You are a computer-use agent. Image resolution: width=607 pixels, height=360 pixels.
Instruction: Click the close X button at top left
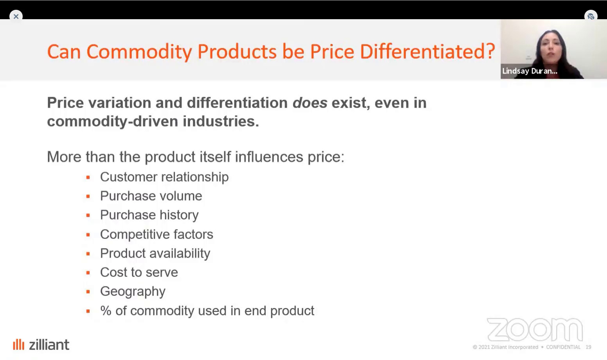pos(16,16)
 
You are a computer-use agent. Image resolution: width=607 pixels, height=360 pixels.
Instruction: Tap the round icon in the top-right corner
pos(591,16)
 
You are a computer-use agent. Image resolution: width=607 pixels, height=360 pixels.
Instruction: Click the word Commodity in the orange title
pos(139,52)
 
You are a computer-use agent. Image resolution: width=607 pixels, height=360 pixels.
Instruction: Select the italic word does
pos(310,103)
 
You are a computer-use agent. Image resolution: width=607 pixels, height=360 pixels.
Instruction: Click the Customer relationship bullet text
pos(164,177)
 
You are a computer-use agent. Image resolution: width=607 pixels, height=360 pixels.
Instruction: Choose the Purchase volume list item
pos(151,196)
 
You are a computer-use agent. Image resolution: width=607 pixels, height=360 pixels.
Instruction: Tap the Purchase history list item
pos(149,215)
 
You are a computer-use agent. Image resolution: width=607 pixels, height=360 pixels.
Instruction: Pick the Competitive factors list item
pos(156,234)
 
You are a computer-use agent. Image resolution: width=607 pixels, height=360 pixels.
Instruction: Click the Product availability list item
pos(155,254)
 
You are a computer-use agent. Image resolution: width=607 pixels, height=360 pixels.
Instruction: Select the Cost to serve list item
pos(139,272)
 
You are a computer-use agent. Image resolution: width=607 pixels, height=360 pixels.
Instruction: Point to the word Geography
pos(133,292)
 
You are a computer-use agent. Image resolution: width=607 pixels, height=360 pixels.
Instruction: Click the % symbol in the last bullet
pos(106,311)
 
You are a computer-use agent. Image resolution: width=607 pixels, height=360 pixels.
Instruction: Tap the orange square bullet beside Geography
pos(88,292)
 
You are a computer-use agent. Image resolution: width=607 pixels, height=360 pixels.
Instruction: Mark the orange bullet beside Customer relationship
pos(88,178)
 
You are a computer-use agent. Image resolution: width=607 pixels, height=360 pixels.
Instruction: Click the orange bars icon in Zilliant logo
pos(18,344)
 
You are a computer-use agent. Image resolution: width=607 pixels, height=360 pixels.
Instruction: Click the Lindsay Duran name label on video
pos(530,71)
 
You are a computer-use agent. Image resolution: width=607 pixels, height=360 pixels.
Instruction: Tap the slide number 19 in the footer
pos(588,347)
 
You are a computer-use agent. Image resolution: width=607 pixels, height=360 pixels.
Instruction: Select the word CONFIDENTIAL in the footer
pos(563,347)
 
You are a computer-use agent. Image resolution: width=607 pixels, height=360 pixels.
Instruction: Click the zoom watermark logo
pos(535,329)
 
